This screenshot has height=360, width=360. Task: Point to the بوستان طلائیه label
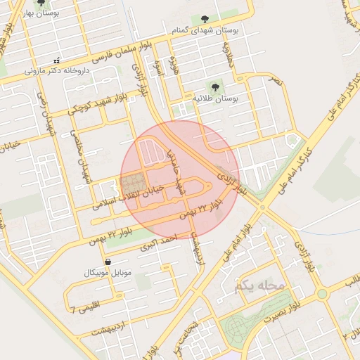214,98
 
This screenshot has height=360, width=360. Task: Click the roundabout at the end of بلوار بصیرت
322,293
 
